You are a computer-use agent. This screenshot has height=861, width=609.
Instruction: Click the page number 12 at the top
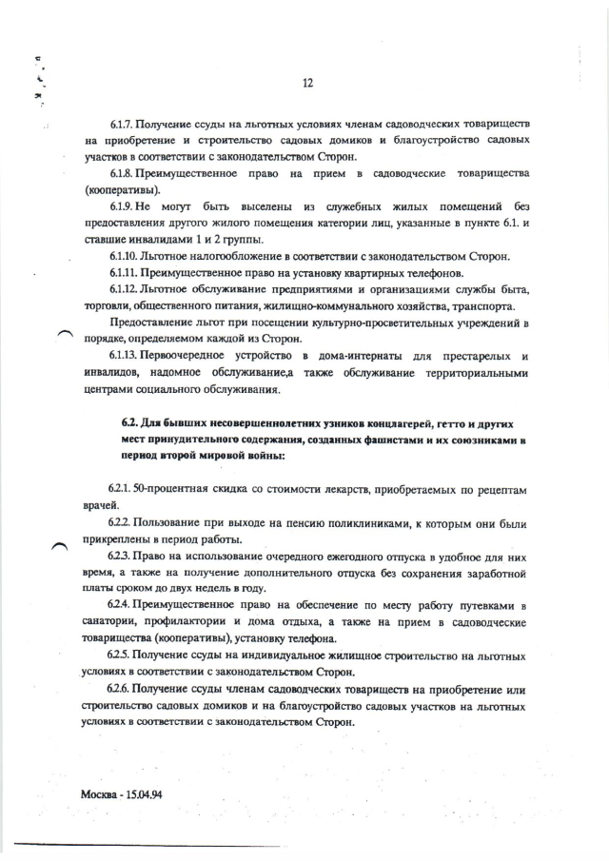[x=307, y=83]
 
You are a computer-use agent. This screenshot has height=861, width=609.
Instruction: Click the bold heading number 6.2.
[x=130, y=421]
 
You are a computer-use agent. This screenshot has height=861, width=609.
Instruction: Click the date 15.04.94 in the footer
[x=144, y=793]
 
